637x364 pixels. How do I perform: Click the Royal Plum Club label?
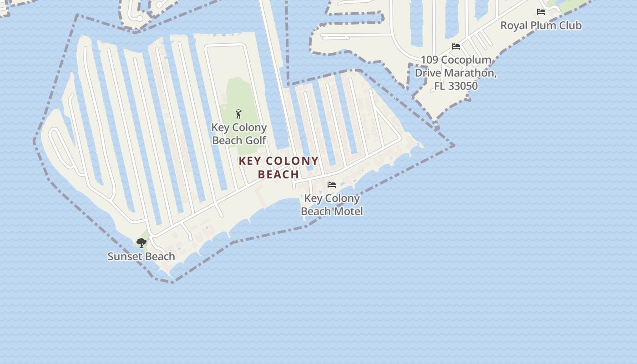541,25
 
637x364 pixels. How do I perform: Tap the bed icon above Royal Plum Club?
541,12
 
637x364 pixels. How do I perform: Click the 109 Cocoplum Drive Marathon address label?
455,73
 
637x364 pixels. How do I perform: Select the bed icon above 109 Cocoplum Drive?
455,46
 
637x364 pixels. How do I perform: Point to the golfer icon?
238,114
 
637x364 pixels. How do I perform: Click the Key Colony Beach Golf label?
239,134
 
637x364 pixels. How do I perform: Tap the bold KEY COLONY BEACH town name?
278,167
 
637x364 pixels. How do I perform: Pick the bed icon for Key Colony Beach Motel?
332,185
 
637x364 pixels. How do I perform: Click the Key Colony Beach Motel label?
332,205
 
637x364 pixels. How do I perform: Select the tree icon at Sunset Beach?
142,243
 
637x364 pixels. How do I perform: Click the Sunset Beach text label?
141,257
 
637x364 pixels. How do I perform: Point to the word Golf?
256,140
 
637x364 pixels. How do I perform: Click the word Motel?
348,211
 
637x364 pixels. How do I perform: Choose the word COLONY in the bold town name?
292,161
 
